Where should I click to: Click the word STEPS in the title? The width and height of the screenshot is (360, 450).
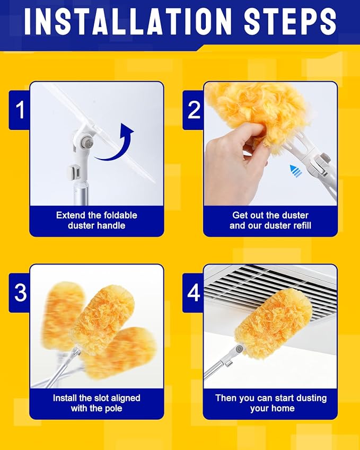(x=290, y=22)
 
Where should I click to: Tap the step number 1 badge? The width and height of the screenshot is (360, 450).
(x=20, y=110)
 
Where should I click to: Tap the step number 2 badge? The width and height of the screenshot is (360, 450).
(x=194, y=110)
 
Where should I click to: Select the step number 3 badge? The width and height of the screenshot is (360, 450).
(x=20, y=293)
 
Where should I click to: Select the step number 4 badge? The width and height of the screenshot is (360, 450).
(x=194, y=293)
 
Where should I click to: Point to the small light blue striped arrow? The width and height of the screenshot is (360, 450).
(x=296, y=171)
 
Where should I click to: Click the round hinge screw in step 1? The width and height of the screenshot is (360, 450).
(x=85, y=142)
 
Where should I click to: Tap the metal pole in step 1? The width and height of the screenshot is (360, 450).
(x=81, y=193)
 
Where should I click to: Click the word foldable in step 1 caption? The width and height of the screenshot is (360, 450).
(x=120, y=215)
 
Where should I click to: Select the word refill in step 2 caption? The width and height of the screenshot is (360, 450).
(x=300, y=226)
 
